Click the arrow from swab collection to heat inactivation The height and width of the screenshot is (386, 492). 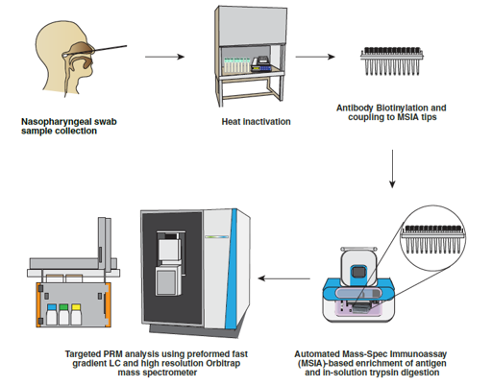(164, 57)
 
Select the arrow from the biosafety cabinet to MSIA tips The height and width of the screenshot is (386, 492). (315, 57)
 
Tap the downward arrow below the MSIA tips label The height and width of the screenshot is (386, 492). (392, 169)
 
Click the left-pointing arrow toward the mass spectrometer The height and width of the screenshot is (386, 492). (284, 278)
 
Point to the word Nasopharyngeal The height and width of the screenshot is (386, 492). (56, 122)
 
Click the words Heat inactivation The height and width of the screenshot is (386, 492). (256, 122)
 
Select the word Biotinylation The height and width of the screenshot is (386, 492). (402, 108)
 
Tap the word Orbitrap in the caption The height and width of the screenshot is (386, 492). (223, 364)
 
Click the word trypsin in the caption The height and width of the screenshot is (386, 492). (395, 373)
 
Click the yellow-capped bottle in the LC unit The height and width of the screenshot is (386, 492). (76, 314)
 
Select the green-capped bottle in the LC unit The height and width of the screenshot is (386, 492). (63, 314)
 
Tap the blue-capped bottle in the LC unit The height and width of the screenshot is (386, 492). (52, 314)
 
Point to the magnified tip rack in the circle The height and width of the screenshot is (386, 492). (432, 239)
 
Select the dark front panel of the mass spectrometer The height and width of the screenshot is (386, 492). (172, 268)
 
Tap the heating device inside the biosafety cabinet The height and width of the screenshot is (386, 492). (261, 64)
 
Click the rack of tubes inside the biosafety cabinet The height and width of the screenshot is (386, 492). (236, 65)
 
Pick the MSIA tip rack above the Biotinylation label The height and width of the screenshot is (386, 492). (392, 61)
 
